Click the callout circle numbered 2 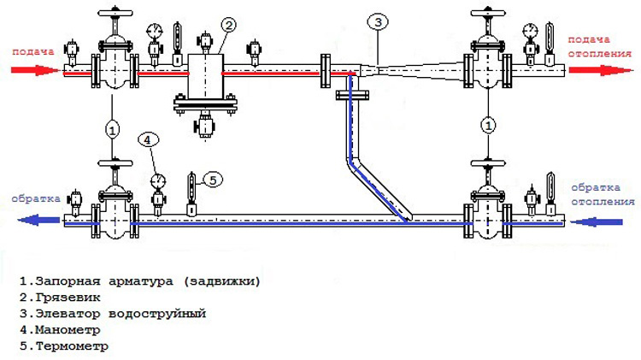[228, 24]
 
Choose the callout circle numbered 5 [213, 179]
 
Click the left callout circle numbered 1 [112, 128]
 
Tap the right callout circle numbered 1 [488, 126]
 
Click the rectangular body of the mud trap [205, 77]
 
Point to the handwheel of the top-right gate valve [488, 15]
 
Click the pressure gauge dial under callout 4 [157, 180]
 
